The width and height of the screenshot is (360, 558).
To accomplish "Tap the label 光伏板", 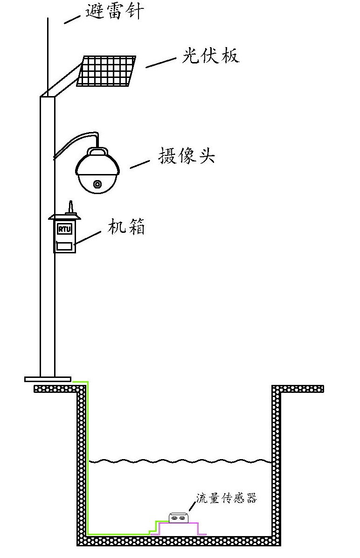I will point(211,56).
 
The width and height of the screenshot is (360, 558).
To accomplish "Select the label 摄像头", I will point(187,155).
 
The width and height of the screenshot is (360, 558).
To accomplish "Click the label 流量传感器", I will point(227,498).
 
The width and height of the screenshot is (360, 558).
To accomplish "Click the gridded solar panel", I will point(106,71).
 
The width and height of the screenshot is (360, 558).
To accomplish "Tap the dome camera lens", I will point(97,184).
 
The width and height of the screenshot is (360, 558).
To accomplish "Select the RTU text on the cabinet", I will point(63,230).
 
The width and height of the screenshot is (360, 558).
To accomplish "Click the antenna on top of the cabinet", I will point(69,207).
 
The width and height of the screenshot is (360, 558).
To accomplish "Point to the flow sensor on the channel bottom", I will point(179,517).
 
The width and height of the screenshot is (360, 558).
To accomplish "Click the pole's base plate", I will point(48,379).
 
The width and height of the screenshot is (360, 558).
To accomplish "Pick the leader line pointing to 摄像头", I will point(139,164).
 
